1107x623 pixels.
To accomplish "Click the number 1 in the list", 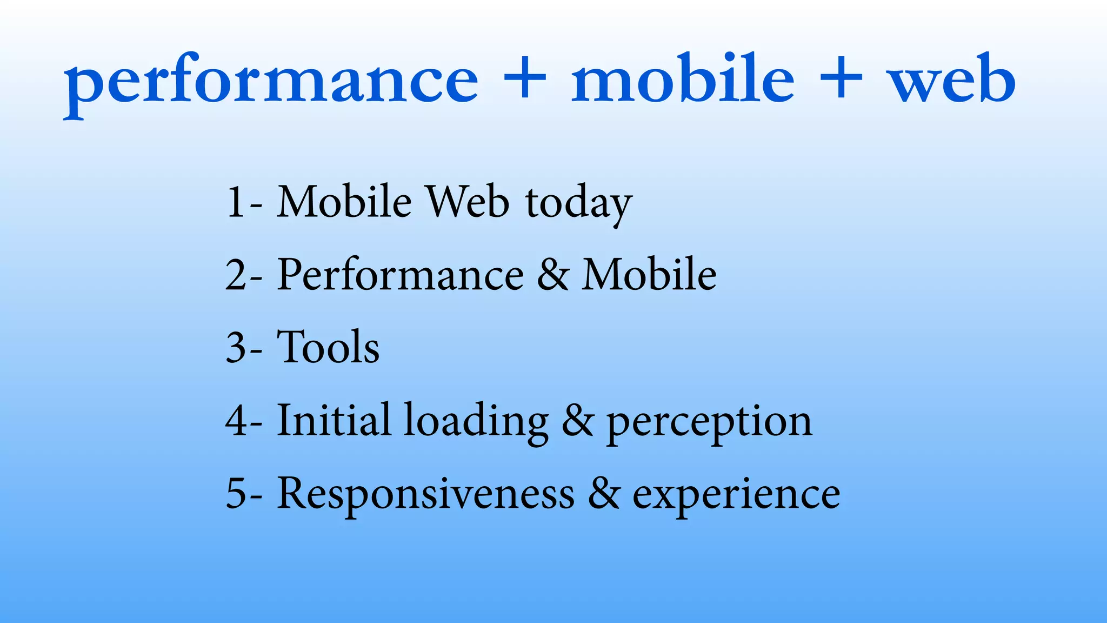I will [x=236, y=202].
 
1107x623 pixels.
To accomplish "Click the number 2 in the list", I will [x=236, y=275].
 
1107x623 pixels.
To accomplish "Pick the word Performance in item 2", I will [x=400, y=275].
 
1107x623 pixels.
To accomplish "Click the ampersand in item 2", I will [x=552, y=275].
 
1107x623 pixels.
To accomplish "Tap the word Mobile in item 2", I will [x=649, y=275].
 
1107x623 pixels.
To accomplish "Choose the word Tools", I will [x=328, y=347].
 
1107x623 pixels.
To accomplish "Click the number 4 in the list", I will [x=237, y=421].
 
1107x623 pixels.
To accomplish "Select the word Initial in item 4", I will [x=333, y=420].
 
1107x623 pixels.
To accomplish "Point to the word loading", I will [x=476, y=422].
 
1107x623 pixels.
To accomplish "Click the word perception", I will [x=709, y=422].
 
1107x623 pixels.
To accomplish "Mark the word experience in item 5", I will [x=736, y=494].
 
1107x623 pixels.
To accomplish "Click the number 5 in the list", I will [x=236, y=493].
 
